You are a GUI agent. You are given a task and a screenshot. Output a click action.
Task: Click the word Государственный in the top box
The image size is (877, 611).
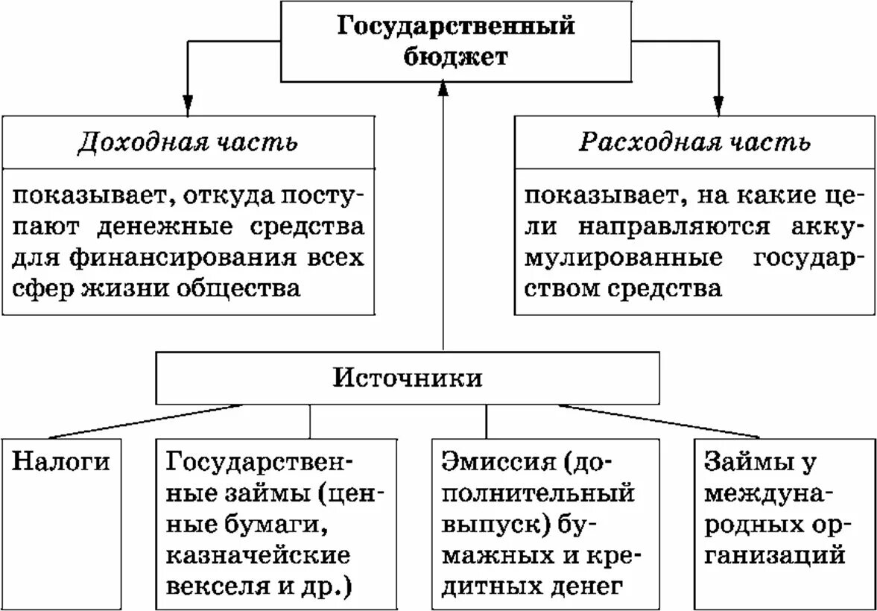(457, 27)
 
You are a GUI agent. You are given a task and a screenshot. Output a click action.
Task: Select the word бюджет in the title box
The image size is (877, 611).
(457, 57)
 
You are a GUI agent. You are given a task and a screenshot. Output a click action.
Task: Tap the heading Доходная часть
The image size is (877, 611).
(188, 142)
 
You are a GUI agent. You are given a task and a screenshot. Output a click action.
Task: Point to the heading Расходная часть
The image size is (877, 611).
(694, 142)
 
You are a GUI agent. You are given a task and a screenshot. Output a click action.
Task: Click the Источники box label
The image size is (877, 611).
(407, 378)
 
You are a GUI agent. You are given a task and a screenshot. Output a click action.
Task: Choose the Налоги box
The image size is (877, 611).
(61, 462)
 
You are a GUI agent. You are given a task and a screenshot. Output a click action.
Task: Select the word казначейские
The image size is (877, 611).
(258, 556)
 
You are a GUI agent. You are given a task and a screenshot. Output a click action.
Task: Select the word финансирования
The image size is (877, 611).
(178, 257)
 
